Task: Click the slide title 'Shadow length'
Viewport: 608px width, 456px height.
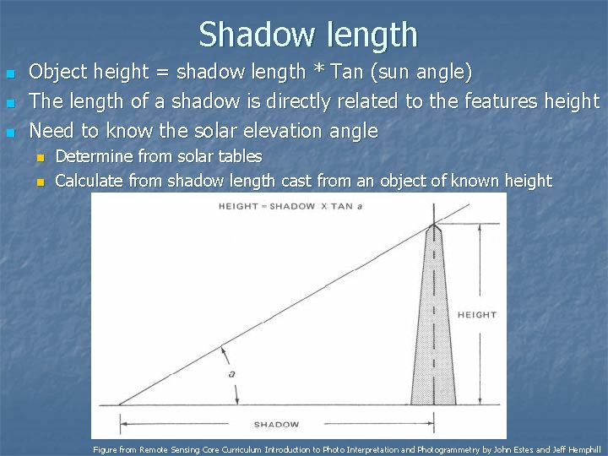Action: (308, 35)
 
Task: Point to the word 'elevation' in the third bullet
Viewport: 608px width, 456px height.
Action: (288, 132)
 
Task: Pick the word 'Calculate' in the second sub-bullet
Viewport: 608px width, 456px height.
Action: (90, 180)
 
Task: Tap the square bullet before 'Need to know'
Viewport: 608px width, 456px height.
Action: (9, 133)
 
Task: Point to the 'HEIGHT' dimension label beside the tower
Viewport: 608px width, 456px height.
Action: (476, 315)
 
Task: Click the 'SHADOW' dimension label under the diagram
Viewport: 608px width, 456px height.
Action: (276, 424)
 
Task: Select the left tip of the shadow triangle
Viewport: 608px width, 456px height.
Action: (118, 404)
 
